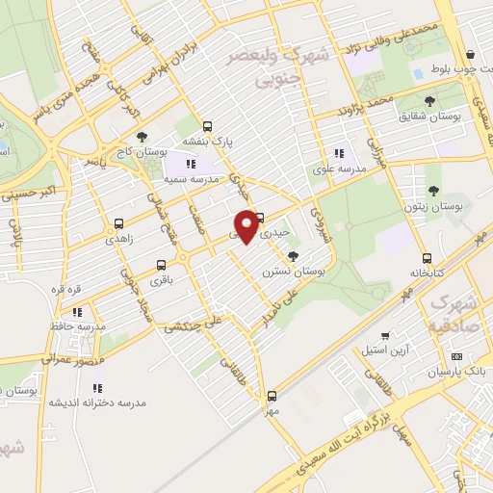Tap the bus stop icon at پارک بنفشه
coord(207,126)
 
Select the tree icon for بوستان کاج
coord(143,138)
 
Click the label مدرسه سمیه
coord(187,179)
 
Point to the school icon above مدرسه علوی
coord(339,152)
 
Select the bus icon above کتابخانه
coord(427,258)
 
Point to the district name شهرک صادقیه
coord(454,311)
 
